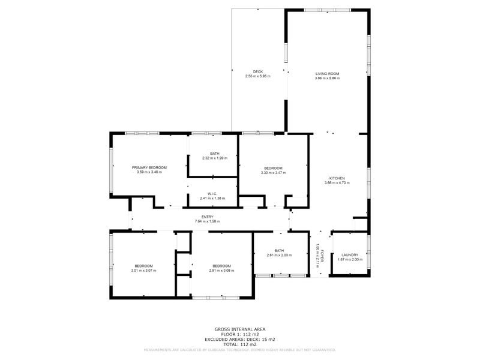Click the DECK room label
[258, 72]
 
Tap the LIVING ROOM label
[328, 74]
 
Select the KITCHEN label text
[336, 178]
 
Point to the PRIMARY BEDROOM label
[149, 167]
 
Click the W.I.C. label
[212, 193]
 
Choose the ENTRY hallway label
[208, 217]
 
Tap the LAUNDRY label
[350, 255]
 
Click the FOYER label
[322, 254]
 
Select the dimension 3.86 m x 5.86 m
[328, 79]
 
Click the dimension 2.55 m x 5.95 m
[258, 77]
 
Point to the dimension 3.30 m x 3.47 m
[273, 173]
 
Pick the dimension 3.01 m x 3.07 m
[143, 271]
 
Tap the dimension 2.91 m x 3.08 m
[221, 271]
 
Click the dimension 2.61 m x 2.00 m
[279, 256]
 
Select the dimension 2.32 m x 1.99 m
[215, 158]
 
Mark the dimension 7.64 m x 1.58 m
[208, 222]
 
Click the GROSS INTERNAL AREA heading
[240, 329]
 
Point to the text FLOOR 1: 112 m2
[240, 334]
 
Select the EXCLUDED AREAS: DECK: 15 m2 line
[240, 339]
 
